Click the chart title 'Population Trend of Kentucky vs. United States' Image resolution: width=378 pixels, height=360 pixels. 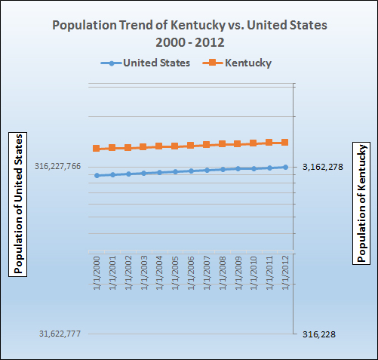(x=189, y=25)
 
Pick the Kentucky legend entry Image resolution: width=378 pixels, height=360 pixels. (x=238, y=63)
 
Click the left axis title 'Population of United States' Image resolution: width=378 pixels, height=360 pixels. (x=19, y=203)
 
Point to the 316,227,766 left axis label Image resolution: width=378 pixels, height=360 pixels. (x=57, y=167)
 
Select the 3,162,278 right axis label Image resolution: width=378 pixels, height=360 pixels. (x=322, y=167)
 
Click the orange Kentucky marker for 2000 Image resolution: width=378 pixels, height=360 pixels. (x=97, y=149)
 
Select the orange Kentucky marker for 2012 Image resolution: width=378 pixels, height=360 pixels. (x=285, y=142)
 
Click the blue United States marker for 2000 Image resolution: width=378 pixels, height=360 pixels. (x=97, y=175)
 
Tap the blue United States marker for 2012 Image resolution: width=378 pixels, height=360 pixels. (x=285, y=167)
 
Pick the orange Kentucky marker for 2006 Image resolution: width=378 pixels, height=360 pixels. (x=191, y=146)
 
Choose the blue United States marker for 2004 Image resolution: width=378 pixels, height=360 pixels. (x=159, y=172)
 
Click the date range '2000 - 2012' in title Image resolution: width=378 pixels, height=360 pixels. (x=189, y=41)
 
